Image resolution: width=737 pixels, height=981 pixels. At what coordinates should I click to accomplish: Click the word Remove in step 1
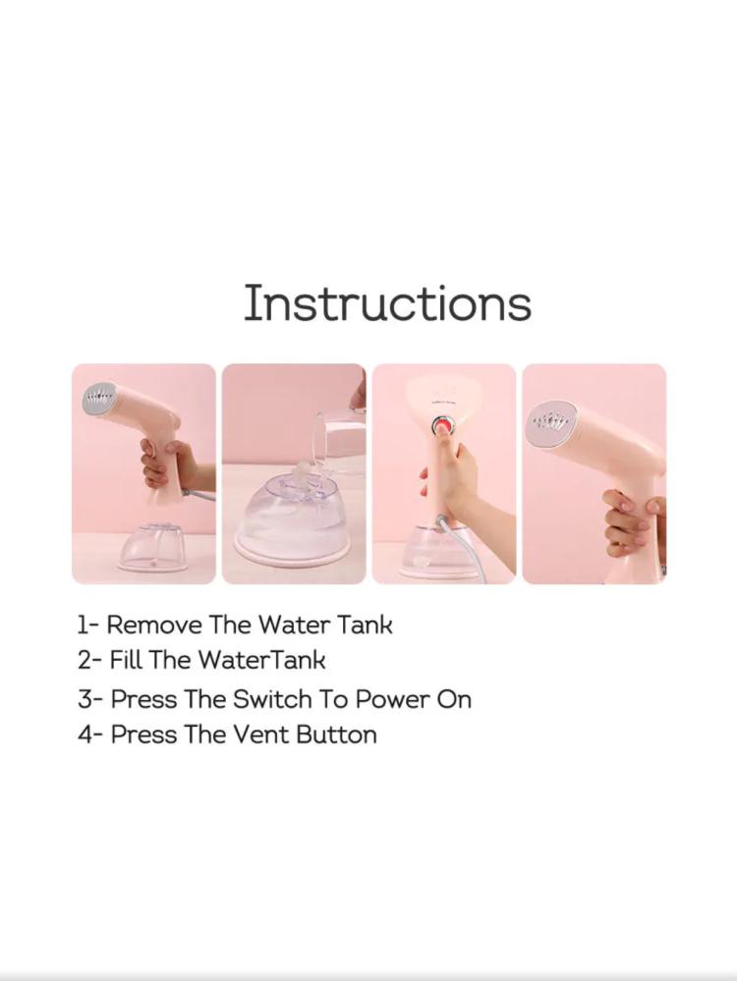click(x=154, y=625)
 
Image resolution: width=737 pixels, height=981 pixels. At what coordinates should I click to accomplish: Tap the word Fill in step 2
click(x=125, y=660)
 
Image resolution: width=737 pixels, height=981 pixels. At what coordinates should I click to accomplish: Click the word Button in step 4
click(x=336, y=735)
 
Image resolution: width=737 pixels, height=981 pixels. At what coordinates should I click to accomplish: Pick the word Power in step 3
click(x=391, y=699)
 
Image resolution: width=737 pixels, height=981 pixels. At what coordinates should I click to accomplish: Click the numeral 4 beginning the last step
click(x=85, y=735)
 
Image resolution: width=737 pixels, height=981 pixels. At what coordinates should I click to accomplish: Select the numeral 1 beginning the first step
click(x=82, y=625)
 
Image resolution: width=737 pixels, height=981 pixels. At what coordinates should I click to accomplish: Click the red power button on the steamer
click(x=443, y=427)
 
